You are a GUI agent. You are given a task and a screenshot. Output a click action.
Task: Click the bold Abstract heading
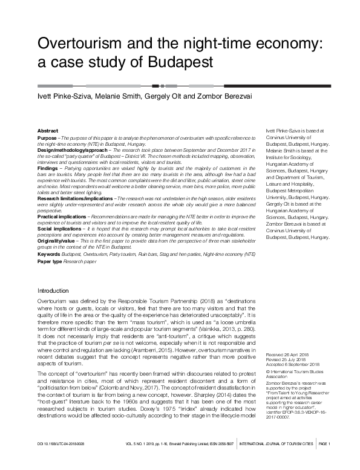click(x=48, y=131)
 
